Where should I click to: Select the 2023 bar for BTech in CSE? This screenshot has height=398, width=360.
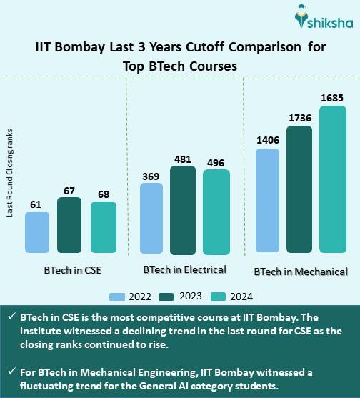click(69, 226)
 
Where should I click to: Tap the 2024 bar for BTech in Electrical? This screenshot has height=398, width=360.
click(216, 212)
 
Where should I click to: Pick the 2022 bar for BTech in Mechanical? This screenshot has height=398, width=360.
click(266, 200)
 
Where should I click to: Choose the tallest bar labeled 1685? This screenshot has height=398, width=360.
click(332, 179)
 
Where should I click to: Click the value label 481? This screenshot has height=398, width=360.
click(183, 159)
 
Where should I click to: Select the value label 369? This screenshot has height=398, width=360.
click(150, 176)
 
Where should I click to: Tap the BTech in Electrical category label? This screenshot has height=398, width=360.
click(184, 270)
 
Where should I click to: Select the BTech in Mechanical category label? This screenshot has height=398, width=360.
click(301, 272)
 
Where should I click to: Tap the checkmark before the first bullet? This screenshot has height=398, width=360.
click(11, 317)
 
